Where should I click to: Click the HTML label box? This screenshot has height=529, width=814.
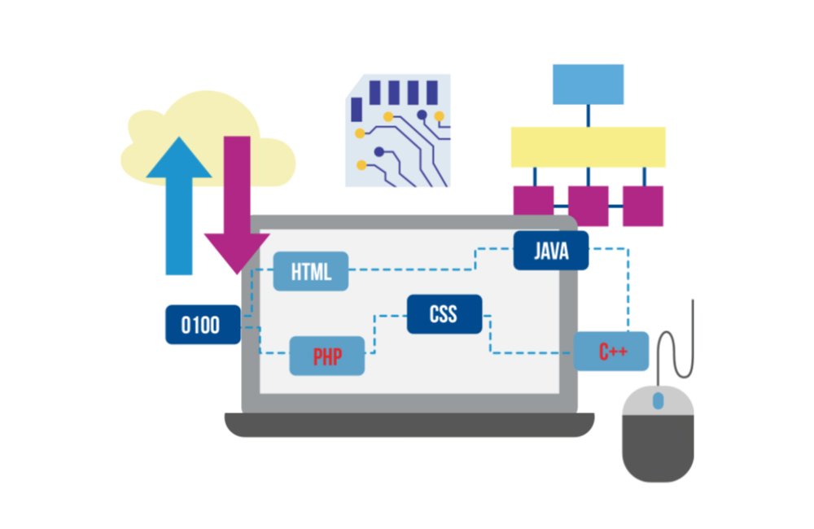click(311, 272)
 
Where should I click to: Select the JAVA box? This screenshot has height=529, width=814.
click(551, 250)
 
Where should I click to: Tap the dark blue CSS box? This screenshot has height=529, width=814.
click(444, 314)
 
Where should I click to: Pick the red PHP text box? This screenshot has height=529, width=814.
click(327, 356)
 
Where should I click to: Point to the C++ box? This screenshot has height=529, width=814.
click(611, 352)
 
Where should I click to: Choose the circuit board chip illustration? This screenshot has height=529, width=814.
click(397, 130)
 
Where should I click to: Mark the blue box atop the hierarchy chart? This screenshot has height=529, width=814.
click(588, 83)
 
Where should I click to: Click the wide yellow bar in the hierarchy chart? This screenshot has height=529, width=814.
click(588, 146)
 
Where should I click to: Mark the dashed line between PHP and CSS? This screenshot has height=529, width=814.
click(374, 334)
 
